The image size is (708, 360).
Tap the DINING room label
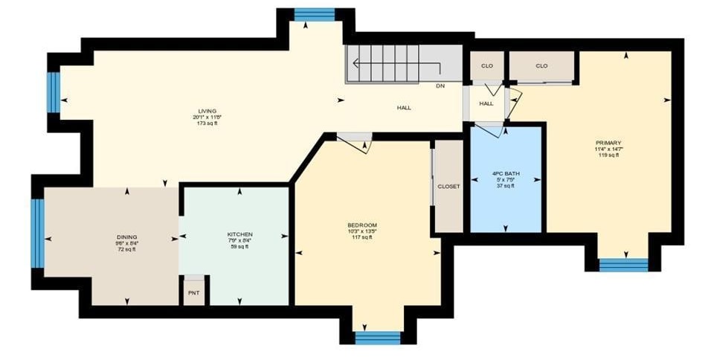click(126, 237)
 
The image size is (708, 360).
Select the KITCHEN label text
click(239, 234)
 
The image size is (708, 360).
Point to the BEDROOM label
click(362, 225)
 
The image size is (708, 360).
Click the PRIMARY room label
click(608, 143)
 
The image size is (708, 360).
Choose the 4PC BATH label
click(506, 173)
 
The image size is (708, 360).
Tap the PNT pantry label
click(194, 293)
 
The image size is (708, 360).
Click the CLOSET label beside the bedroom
click(448, 186)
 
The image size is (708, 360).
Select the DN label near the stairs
click(441, 86)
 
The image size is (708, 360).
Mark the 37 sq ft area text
click(506, 185)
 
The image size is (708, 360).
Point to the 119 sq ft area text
click(607, 155)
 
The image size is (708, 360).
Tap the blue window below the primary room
click(623, 264)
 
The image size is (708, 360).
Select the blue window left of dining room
click(38, 232)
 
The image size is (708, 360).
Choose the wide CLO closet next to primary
click(541, 66)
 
